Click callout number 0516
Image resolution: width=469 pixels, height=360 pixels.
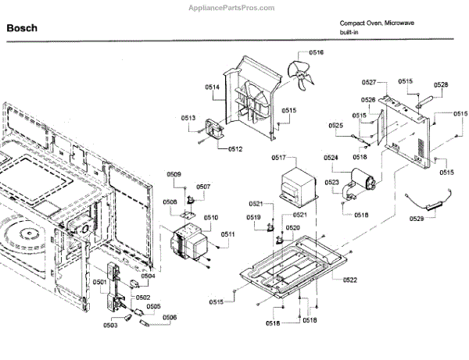click(316, 52)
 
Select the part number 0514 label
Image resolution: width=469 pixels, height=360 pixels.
click(212, 87)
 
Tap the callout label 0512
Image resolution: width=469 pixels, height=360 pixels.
click(235, 148)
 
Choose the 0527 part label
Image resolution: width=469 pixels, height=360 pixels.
click(370, 82)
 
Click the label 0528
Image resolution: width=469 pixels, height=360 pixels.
click(441, 84)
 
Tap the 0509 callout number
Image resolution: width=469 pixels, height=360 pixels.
click(174, 174)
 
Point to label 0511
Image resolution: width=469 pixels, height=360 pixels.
click(227, 234)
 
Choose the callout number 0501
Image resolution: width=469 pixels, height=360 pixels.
click(100, 281)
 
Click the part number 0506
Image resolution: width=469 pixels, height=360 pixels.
click(170, 317)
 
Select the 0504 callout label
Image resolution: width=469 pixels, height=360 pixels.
click(148, 276)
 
